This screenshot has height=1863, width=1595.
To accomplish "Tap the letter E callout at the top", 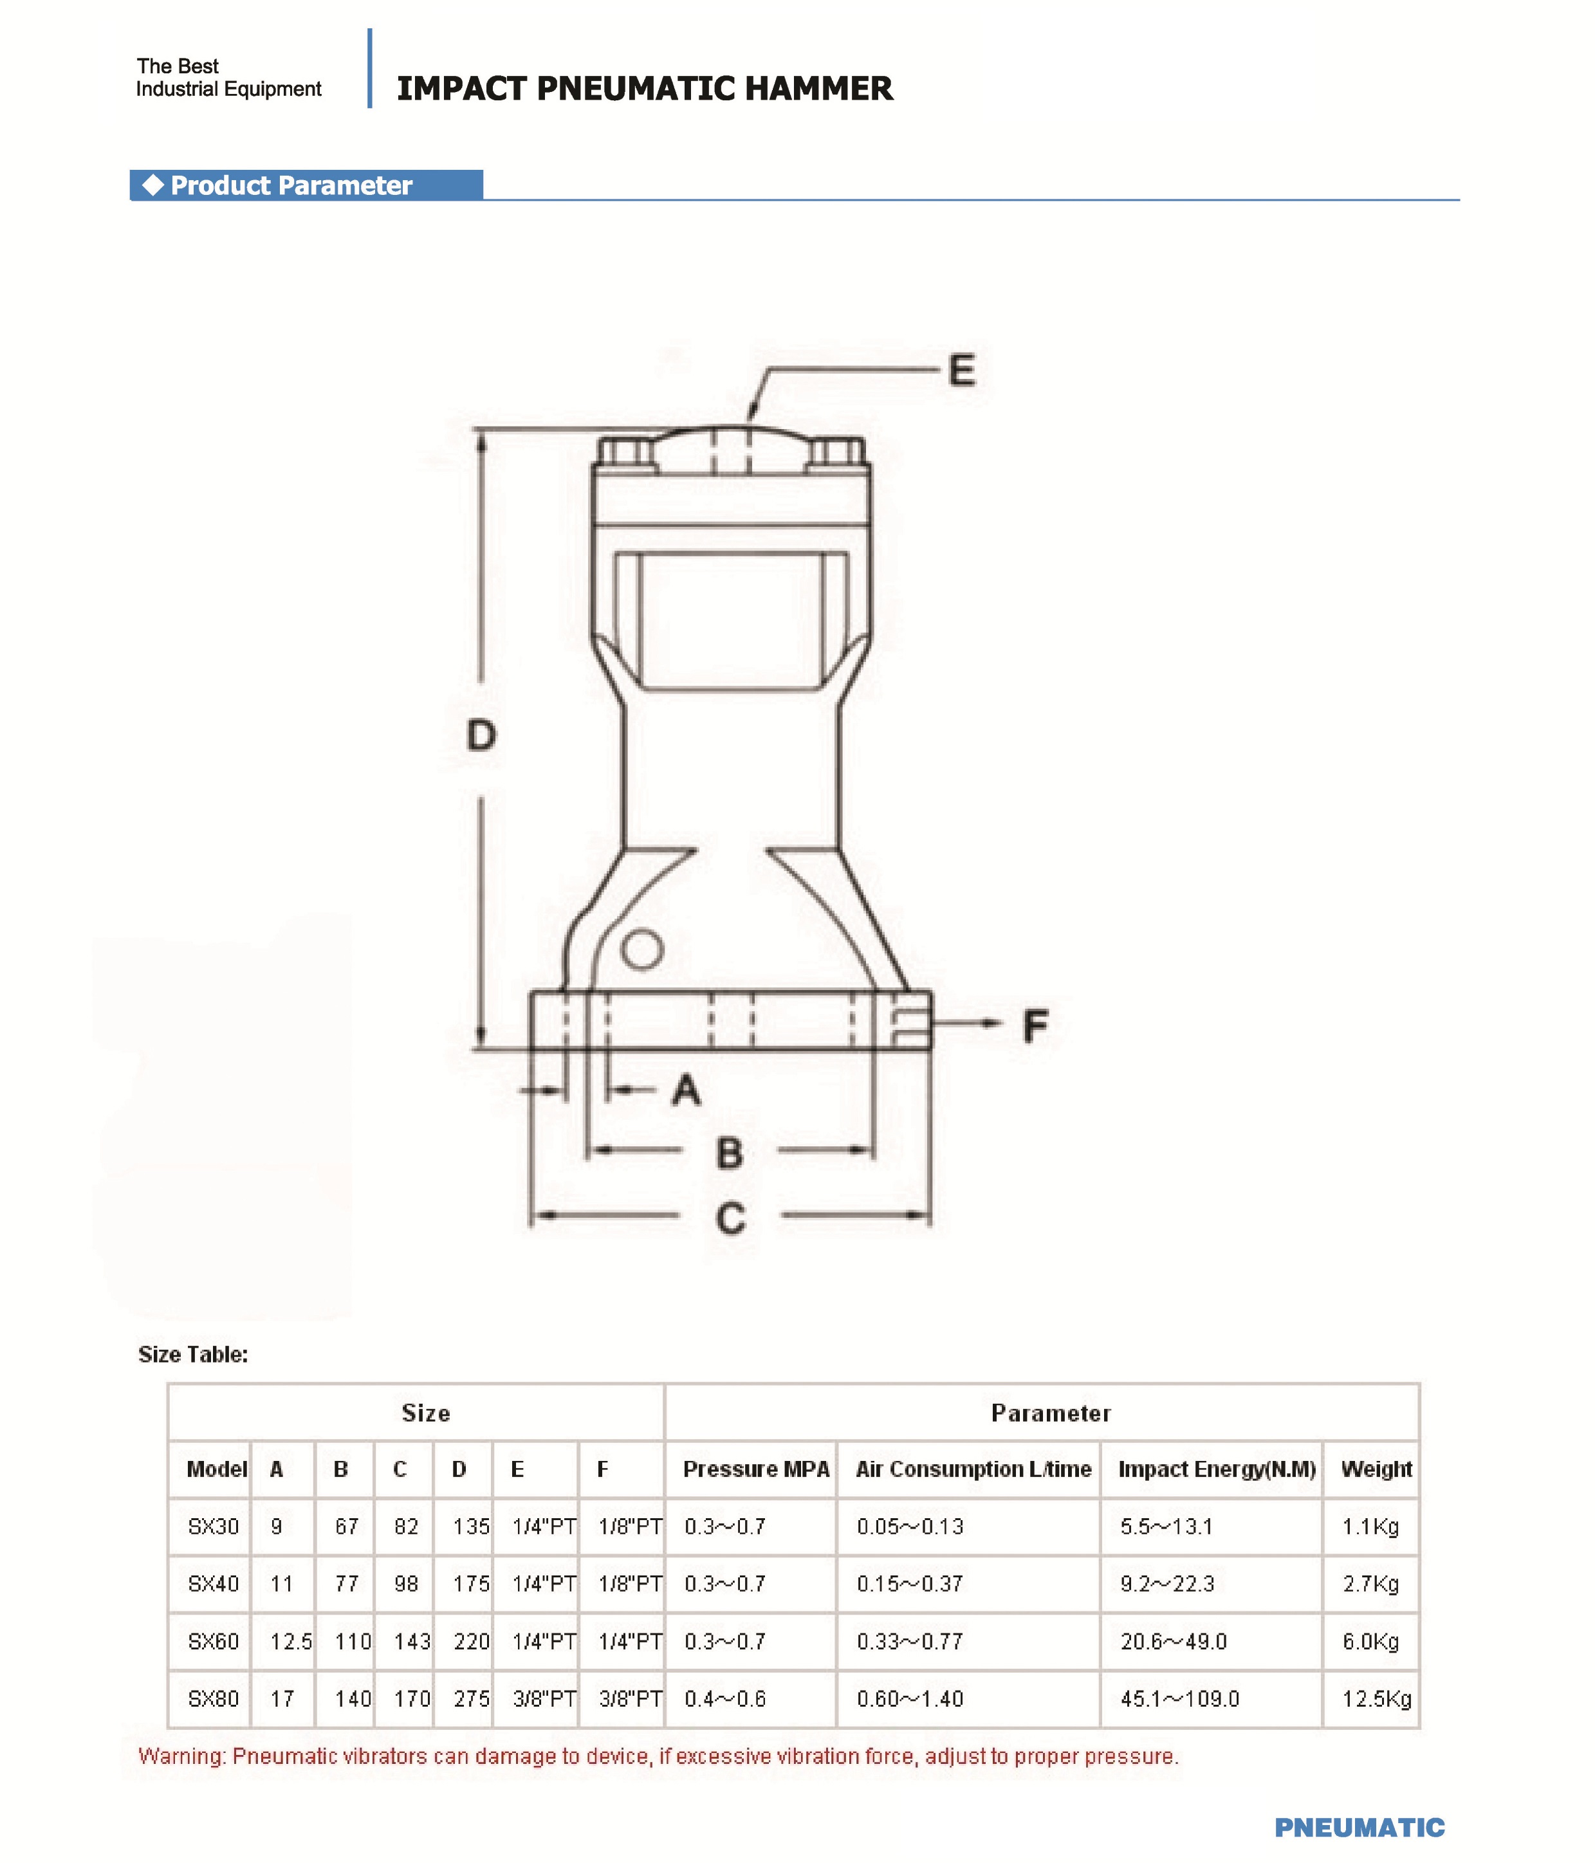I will (961, 371).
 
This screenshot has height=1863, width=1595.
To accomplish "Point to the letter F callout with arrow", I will (1035, 1026).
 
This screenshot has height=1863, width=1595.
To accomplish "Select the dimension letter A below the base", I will (686, 1090).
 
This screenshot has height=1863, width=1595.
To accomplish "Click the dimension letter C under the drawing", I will (730, 1218).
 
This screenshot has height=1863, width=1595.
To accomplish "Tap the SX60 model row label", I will (213, 1642).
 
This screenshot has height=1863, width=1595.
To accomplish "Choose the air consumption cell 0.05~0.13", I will (909, 1527).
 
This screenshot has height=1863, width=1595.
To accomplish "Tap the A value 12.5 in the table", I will (290, 1642).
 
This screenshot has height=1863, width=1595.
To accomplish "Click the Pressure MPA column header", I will (755, 1469).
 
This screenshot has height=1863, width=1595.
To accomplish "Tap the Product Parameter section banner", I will (291, 185).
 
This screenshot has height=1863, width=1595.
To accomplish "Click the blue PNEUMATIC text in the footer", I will (1358, 1828).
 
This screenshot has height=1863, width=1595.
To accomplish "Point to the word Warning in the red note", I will (180, 1757).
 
